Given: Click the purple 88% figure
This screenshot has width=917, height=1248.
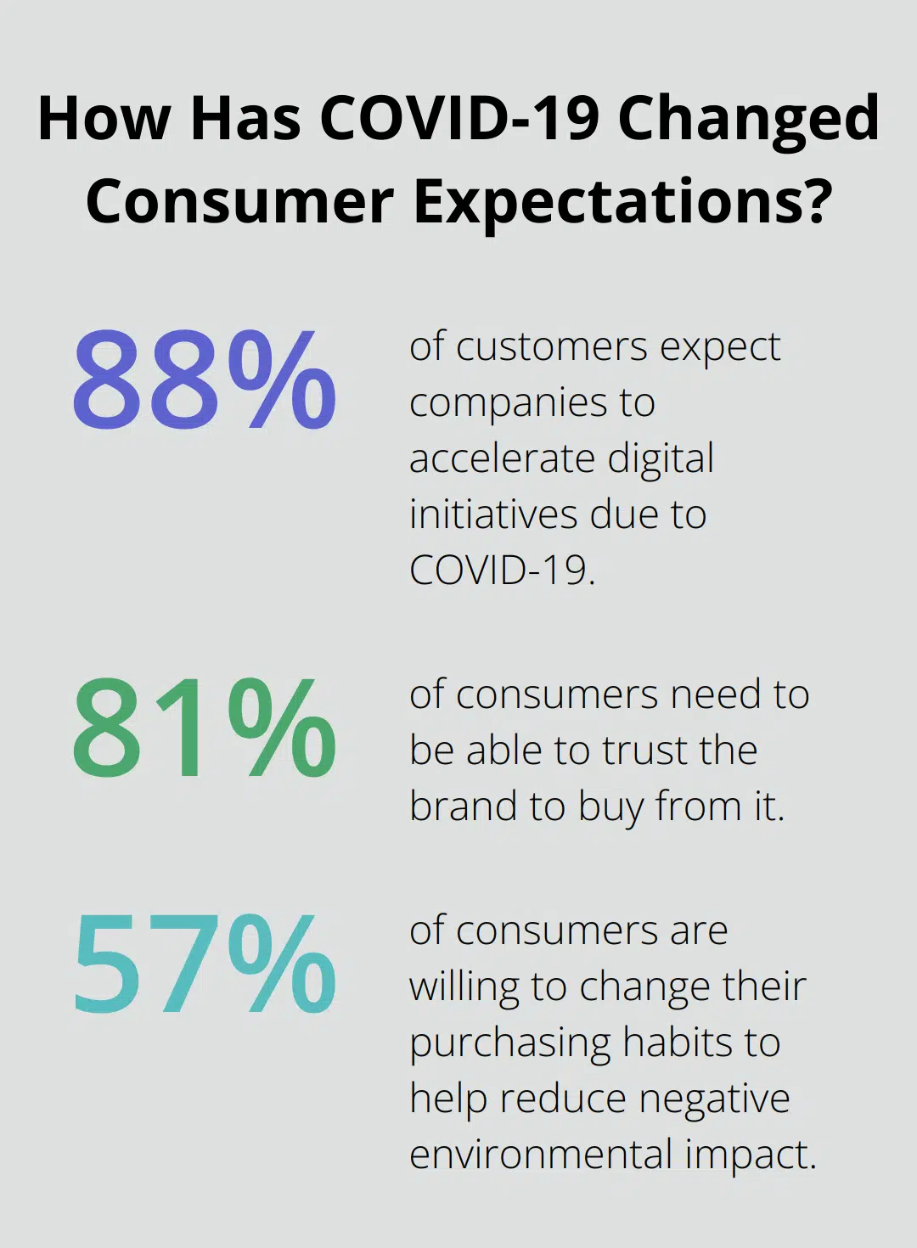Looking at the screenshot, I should [204, 379].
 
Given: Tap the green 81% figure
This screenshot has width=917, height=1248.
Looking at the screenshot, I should [204, 728].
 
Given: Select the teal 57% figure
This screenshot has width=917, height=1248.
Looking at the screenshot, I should [204, 964].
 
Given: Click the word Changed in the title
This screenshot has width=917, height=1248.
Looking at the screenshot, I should [748, 119].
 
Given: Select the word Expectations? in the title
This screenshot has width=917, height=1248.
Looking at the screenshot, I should [622, 202].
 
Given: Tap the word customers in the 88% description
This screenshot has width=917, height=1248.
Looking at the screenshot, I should [552, 346].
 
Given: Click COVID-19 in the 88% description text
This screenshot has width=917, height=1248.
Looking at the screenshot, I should [502, 571].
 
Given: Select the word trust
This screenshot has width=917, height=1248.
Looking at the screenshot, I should [645, 750].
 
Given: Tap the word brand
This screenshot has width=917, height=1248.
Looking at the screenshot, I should [463, 807].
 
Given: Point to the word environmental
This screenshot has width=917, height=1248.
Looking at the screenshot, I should [540, 1155].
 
